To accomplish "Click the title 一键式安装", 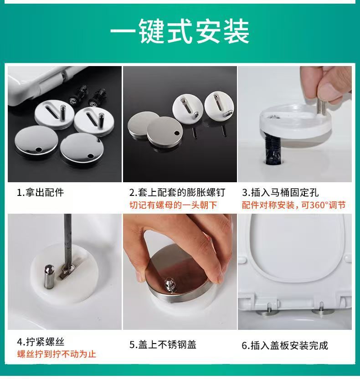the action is [180, 31].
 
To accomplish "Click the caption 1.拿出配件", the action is [40, 193].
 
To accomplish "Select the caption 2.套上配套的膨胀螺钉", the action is [177, 193].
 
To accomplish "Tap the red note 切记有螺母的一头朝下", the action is [173, 205].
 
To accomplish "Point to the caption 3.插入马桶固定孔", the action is [280, 193].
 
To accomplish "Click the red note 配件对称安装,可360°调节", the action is [294, 205].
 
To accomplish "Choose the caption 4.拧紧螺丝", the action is [41, 342].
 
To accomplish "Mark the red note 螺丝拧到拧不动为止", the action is [57, 354].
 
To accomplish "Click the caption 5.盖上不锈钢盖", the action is [163, 345].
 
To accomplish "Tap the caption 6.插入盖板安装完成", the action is [285, 345].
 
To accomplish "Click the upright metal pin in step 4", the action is [49, 277].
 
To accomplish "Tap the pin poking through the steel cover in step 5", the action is [170, 285].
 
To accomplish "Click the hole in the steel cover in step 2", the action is [177, 133].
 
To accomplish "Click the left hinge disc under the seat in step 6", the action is [268, 313].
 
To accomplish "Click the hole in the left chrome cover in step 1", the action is [39, 150].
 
